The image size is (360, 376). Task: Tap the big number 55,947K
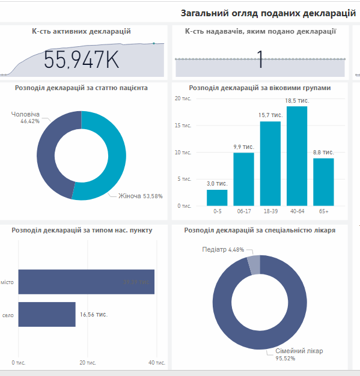[x=82, y=60]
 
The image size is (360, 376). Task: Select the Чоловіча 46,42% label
[x=25, y=117]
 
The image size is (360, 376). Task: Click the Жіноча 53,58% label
[x=140, y=196]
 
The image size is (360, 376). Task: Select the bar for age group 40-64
[x=296, y=156]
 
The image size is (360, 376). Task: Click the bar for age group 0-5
[x=217, y=198]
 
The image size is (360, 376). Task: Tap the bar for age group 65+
[x=323, y=181]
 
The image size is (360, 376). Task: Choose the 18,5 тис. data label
[x=296, y=100]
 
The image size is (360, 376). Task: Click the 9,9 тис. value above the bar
[x=243, y=147]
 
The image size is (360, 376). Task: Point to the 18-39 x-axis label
[x=270, y=211]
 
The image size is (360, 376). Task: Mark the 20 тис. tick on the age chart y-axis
[x=183, y=99]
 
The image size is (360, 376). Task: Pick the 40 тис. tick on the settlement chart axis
[x=157, y=363]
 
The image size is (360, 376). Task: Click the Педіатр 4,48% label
[x=223, y=249]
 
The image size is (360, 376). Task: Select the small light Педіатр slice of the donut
[x=254, y=265]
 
